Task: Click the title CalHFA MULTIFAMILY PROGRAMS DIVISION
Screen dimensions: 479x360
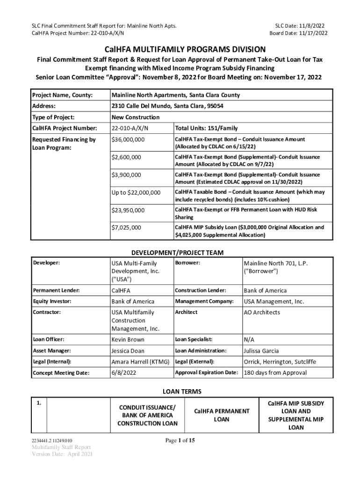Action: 180,50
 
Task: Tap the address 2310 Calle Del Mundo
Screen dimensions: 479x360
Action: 167,106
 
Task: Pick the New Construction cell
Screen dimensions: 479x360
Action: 136,117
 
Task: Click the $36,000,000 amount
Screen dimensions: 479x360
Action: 128,140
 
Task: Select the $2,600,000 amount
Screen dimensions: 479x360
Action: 126,158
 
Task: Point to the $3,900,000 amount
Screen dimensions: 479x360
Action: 126,175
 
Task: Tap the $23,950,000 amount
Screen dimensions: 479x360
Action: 128,210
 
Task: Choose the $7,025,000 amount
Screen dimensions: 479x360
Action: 126,228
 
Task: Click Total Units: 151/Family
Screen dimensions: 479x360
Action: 206,128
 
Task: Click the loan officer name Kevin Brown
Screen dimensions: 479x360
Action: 128,340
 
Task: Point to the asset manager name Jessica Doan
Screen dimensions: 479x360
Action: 128,351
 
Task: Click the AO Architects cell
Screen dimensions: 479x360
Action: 262,312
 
